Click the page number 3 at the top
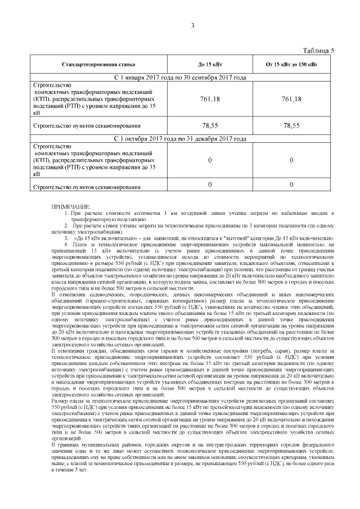[x=192, y=26]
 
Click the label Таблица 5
[x=318, y=51]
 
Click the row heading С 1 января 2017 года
[x=180, y=77]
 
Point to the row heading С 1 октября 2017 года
[x=180, y=138]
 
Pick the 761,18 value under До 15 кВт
[x=210, y=99]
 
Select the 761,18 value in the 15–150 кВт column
[x=291, y=99]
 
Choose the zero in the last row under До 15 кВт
[x=210, y=184]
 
